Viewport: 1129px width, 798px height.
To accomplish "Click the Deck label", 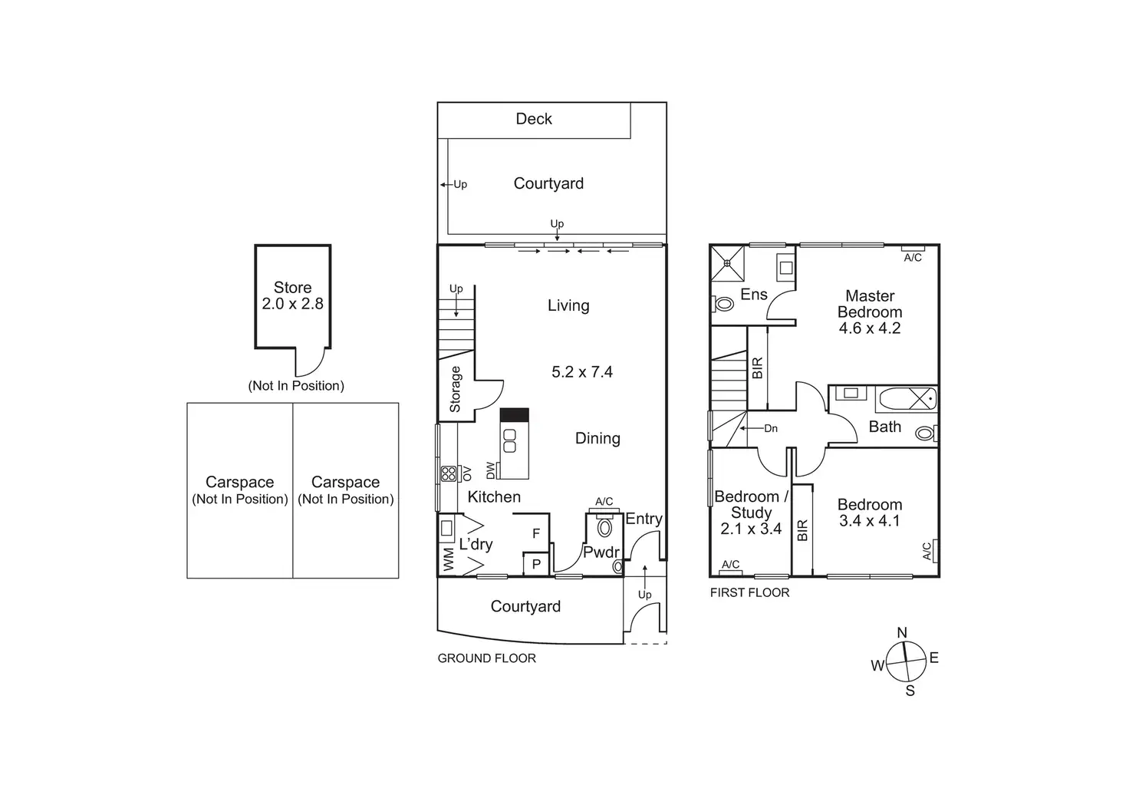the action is pos(534,119).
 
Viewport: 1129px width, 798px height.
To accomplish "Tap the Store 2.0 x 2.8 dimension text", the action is pos(292,304).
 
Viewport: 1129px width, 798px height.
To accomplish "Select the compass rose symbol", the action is pos(905,661).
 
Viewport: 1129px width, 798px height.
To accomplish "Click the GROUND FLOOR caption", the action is pos(486,658).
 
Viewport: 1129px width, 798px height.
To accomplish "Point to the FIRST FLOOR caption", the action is pos(749,592).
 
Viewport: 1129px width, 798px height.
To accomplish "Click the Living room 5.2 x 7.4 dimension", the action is pos(582,372).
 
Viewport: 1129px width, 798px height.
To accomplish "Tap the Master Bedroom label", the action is pos(870,304).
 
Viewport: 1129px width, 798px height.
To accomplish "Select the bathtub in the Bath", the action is pos(906,399).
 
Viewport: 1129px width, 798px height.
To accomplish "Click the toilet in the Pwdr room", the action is pos(604,528).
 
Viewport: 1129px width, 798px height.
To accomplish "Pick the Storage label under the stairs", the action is pos(456,389).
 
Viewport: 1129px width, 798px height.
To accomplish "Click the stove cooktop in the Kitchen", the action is pos(448,474).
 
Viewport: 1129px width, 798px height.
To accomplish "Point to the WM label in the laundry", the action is pos(449,559).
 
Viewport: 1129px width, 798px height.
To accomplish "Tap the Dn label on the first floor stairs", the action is pos(771,428).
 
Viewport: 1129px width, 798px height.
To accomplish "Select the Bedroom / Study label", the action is pos(751,504).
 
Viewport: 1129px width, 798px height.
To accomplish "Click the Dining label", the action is pos(597,438).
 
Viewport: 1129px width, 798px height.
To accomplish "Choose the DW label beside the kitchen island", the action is pos(490,470).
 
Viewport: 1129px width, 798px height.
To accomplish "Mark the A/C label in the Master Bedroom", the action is pos(913,258).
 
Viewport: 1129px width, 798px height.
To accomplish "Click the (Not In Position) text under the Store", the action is pos(296,386).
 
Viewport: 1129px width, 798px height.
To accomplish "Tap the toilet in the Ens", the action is pos(723,305).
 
